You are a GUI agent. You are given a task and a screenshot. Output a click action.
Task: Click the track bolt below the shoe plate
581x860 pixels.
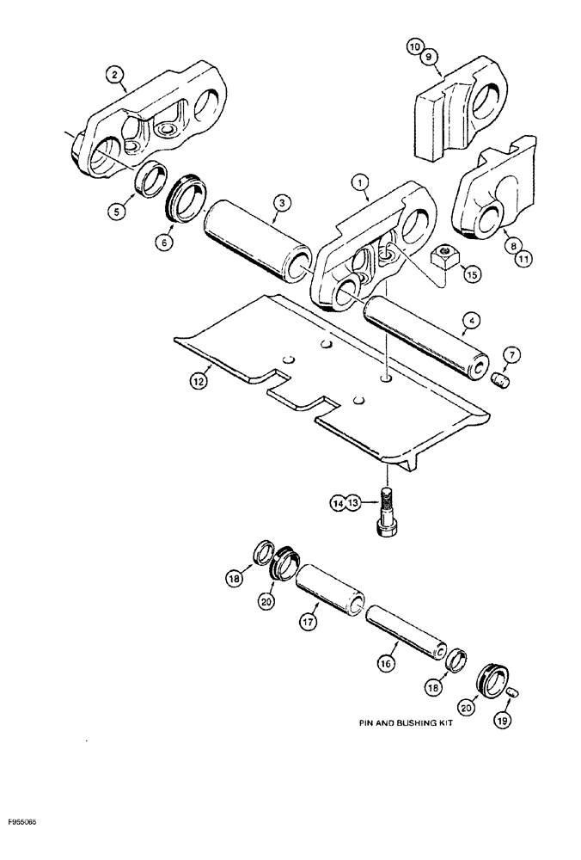point(388,516)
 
